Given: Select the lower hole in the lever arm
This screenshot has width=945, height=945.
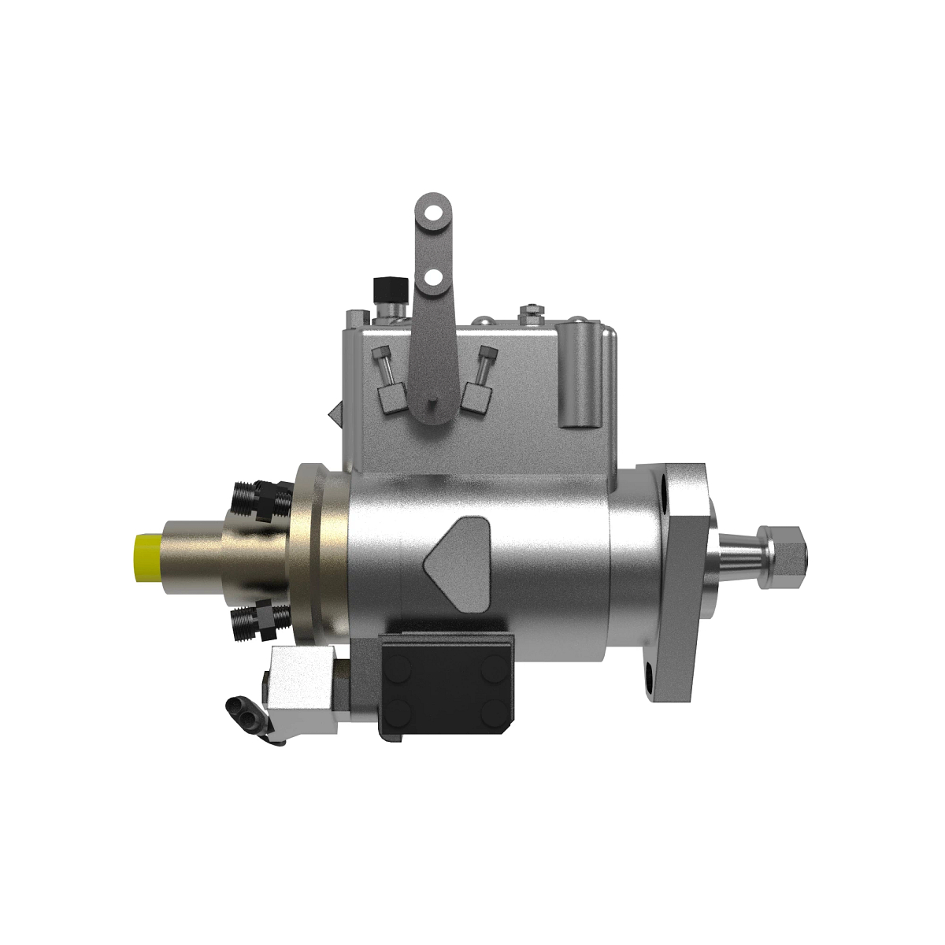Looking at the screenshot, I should [x=431, y=276].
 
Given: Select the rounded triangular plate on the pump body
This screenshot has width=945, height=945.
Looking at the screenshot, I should [x=457, y=558].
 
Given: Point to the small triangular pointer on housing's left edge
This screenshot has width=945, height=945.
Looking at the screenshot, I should [x=336, y=412].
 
